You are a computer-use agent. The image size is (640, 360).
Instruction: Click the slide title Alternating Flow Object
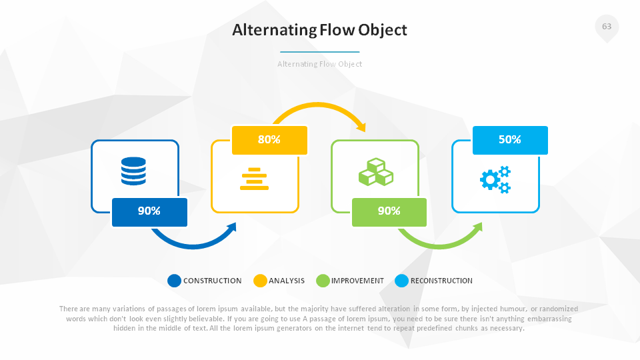pyautogui.click(x=319, y=30)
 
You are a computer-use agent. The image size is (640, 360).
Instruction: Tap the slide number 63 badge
pyautogui.click(x=606, y=27)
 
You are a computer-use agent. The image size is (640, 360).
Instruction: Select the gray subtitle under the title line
pyautogui.click(x=319, y=64)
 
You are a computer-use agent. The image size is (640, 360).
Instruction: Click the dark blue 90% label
pyautogui.click(x=149, y=211)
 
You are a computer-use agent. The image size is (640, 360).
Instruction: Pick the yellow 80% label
pyautogui.click(x=269, y=140)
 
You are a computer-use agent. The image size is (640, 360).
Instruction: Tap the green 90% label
pyautogui.click(x=389, y=211)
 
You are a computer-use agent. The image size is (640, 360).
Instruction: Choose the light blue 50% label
pyautogui.click(x=510, y=140)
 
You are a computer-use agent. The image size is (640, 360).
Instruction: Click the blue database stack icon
pyautogui.click(x=133, y=171)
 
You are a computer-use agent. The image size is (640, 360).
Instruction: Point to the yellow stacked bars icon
pyautogui.click(x=254, y=179)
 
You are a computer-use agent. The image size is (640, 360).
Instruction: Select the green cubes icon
pyautogui.click(x=375, y=172)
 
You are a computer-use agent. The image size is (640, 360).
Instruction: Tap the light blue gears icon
pyautogui.click(x=495, y=179)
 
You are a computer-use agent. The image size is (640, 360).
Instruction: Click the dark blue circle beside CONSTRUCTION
pyautogui.click(x=175, y=281)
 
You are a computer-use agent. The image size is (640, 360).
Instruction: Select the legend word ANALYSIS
pyautogui.click(x=287, y=281)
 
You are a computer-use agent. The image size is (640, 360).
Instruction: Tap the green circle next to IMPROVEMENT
pyautogui.click(x=323, y=281)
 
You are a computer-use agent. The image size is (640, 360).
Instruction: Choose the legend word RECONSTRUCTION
pyautogui.click(x=441, y=281)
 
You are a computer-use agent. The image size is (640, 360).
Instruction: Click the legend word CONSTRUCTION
pyautogui.click(x=213, y=281)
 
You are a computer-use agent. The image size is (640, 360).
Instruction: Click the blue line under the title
pyautogui.click(x=319, y=51)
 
